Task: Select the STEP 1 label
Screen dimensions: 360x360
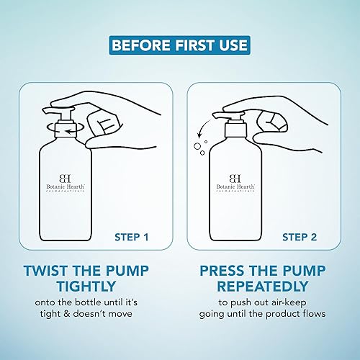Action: click(x=132, y=237)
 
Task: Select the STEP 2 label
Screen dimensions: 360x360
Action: click(x=300, y=237)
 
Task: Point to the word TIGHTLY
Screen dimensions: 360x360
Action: click(x=86, y=286)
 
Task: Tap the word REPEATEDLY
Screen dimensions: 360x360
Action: click(x=263, y=286)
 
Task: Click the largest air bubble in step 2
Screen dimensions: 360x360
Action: click(x=197, y=146)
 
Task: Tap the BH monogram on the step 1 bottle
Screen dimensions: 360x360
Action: click(x=65, y=179)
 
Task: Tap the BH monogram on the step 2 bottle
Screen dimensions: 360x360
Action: click(x=235, y=179)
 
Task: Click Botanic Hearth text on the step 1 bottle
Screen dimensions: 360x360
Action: click(x=66, y=186)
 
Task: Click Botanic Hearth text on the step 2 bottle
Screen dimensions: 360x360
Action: click(x=235, y=186)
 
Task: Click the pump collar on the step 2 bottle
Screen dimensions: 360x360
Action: click(x=235, y=130)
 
